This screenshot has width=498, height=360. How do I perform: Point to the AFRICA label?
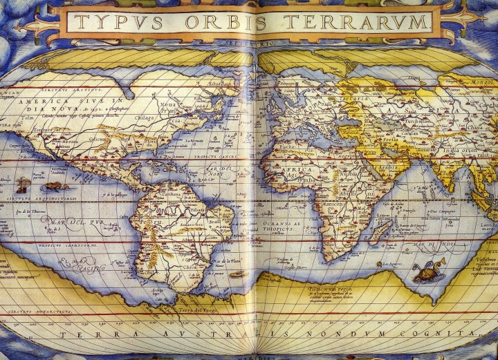coord(296,169)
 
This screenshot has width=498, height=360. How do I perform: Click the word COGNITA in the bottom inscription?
coord(449,334)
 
